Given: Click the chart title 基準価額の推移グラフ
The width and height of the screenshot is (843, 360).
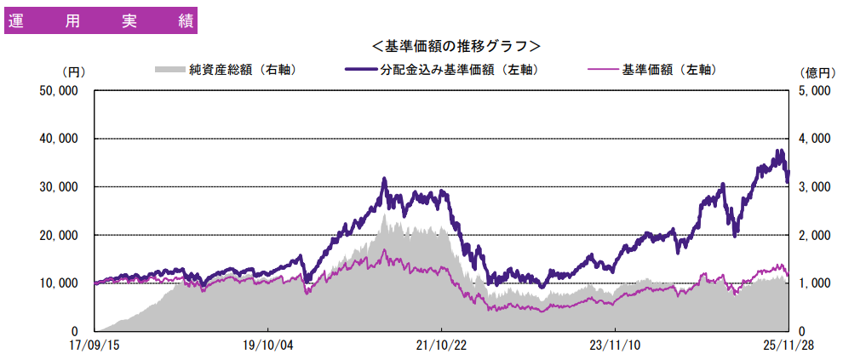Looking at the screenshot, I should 456,45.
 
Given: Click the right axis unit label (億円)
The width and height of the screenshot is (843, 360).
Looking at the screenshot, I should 815,72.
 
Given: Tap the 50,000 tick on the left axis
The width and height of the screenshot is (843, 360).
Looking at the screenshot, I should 60,90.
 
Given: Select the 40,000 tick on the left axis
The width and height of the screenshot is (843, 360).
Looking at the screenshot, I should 60,139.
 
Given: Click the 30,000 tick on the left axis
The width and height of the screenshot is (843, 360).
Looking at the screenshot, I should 60,187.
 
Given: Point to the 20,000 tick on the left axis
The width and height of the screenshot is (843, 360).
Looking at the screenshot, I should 60,235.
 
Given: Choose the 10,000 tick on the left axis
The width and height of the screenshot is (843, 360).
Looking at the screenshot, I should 60,283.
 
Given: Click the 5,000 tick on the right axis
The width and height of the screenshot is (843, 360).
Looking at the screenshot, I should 815,90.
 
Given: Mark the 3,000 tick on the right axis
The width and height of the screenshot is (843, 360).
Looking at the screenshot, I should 815,187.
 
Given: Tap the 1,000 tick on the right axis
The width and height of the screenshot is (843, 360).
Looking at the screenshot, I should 815,283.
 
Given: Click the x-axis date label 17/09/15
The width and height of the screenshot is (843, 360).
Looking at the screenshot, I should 95,346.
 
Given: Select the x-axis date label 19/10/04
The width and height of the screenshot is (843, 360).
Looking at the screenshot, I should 267,346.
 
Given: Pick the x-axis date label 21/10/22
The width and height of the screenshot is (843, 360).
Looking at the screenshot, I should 441,346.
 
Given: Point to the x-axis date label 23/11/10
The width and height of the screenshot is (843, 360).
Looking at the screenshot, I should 614,346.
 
